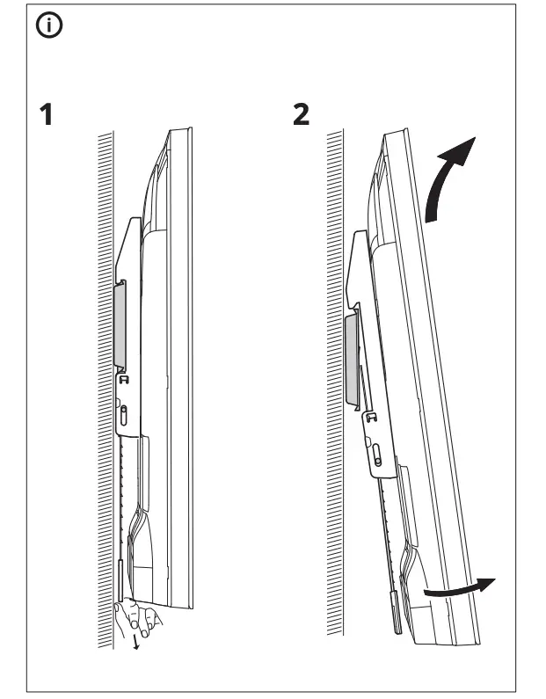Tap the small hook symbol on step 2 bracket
[372, 419]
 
